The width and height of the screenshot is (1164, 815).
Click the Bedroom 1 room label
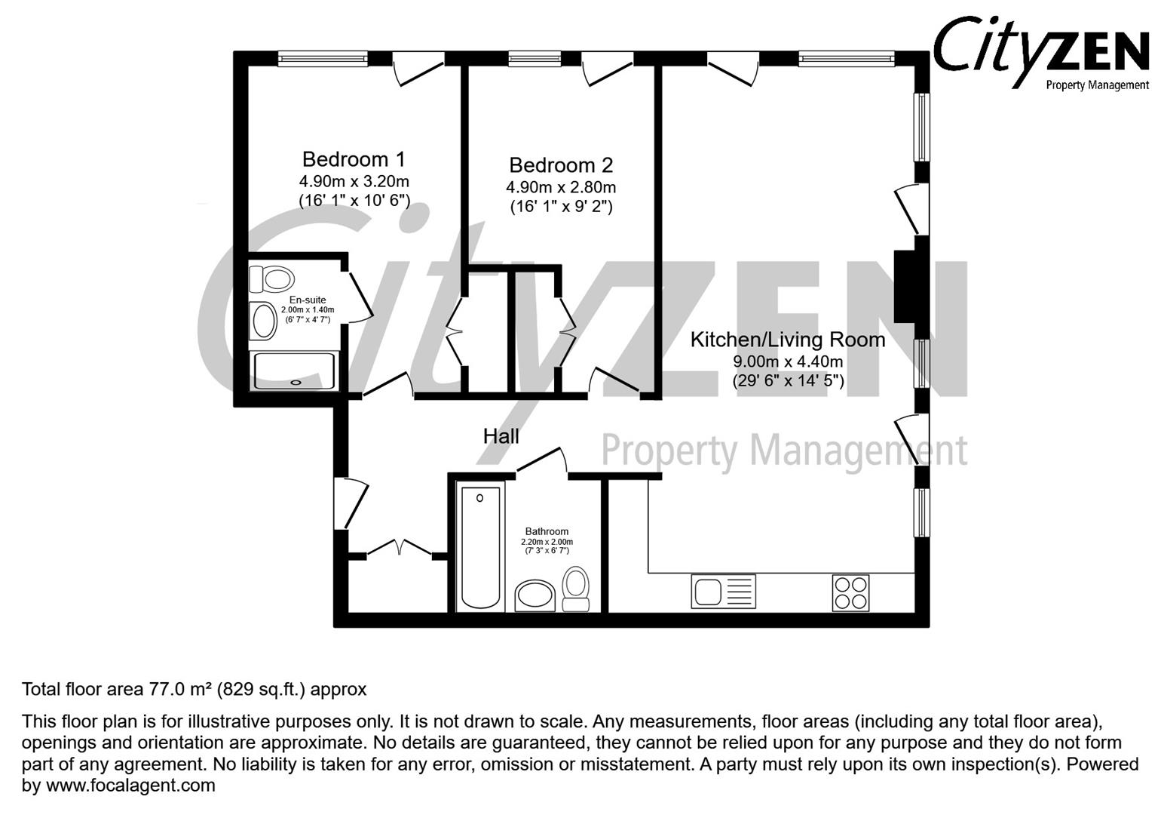click(x=354, y=159)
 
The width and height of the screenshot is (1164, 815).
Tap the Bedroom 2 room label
click(x=561, y=165)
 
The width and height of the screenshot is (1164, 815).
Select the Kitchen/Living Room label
click(x=788, y=340)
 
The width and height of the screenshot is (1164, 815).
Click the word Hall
click(x=501, y=435)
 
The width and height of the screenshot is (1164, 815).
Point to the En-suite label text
click(x=308, y=300)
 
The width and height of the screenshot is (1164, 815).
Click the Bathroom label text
click(x=547, y=531)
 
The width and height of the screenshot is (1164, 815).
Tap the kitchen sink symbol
click(x=722, y=591)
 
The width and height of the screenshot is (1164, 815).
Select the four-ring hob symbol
click(x=850, y=592)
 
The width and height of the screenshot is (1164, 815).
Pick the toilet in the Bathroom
click(x=577, y=588)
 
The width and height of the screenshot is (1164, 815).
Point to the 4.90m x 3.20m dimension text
click(x=354, y=181)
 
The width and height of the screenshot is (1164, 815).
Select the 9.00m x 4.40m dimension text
click(x=788, y=361)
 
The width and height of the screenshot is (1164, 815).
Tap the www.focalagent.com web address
click(x=130, y=786)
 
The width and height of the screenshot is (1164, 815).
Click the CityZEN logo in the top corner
click(x=1040, y=53)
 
